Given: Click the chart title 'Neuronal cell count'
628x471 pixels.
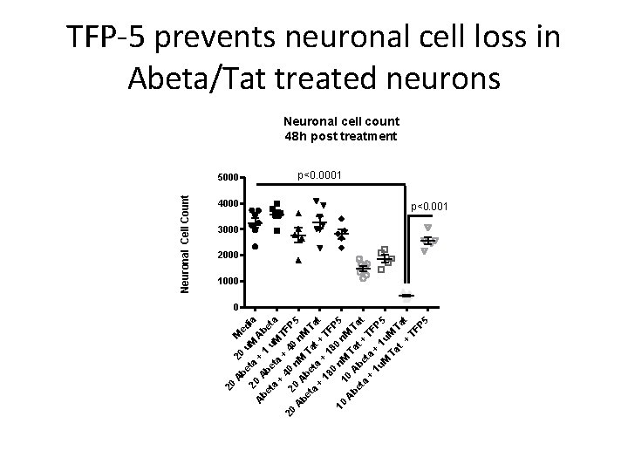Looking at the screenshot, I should pos(342,123).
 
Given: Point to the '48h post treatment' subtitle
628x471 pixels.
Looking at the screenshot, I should pos(342,137).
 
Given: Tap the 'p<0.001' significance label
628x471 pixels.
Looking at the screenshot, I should pos(429,207).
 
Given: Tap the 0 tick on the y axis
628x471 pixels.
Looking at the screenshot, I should pos(235,307).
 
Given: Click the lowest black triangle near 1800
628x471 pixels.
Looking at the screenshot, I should pos(298,260).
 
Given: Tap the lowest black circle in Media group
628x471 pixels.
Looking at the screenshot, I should pos(255,247).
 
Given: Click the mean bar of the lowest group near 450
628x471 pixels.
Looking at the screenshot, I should pos(406,296).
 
